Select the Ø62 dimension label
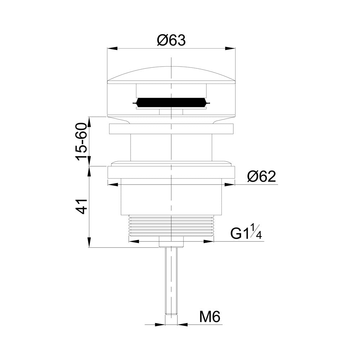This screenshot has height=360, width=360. point(261,176)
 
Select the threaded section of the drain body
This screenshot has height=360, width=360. point(171,225)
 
